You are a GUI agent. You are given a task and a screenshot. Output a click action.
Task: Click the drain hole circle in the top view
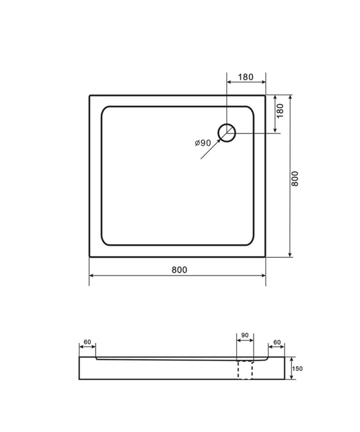coord(227,132)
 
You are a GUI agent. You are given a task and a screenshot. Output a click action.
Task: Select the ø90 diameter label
coord(203,143)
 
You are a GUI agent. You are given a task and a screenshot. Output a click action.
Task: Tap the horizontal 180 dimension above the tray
coord(246,78)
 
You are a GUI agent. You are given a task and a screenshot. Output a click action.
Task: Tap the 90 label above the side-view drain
coord(244,336)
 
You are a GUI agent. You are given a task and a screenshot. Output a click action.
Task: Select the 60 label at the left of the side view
coord(87,342)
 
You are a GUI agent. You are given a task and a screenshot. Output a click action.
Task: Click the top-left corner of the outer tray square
coord(90,95)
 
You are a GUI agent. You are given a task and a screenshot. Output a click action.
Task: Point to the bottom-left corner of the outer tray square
coord(90,257)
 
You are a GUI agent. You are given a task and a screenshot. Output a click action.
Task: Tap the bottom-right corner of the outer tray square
coord(265,257)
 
